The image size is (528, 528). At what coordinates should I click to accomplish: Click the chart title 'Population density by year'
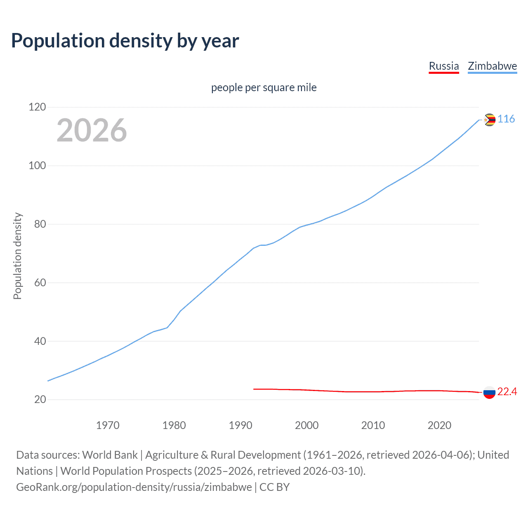(x=125, y=41)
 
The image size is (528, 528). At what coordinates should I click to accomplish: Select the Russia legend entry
(x=444, y=66)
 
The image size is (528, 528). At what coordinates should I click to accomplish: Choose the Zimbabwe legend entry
(x=492, y=66)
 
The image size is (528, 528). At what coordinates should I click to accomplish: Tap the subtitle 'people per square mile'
(x=264, y=87)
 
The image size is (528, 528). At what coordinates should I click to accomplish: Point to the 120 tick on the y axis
(x=37, y=107)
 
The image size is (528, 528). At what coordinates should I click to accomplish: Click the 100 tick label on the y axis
(x=37, y=166)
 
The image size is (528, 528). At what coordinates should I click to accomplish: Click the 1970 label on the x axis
(x=108, y=425)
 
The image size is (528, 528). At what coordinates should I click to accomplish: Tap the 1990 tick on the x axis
(x=240, y=425)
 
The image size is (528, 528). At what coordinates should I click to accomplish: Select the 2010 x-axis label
(x=373, y=425)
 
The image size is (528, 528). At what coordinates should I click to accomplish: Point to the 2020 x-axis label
(x=439, y=425)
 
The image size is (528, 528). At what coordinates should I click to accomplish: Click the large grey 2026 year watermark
(x=92, y=130)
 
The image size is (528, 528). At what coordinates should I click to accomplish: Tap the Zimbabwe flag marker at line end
(x=489, y=120)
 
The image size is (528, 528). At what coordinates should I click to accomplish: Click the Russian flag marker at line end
(x=489, y=392)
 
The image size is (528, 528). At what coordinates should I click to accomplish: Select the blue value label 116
(x=506, y=119)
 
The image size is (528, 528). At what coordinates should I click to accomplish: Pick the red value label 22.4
(x=507, y=391)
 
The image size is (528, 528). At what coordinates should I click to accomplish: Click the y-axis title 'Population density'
(x=17, y=256)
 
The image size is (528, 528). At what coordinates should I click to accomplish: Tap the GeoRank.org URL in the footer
(x=134, y=487)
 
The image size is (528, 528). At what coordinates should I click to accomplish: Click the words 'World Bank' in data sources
(x=110, y=455)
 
